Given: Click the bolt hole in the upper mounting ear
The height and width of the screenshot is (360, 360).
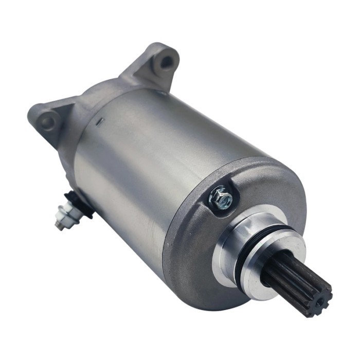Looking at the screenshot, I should pos(166,62).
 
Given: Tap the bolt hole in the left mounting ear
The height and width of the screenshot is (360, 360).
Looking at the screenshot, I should pos(48,122).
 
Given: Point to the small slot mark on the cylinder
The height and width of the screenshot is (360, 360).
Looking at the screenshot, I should pos(101,121).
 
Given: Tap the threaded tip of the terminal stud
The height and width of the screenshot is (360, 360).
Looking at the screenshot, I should pos(59,225).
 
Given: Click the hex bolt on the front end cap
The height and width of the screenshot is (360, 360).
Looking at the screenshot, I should pos(221,197).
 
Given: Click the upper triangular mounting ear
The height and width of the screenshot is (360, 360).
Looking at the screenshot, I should pos(154,64).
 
